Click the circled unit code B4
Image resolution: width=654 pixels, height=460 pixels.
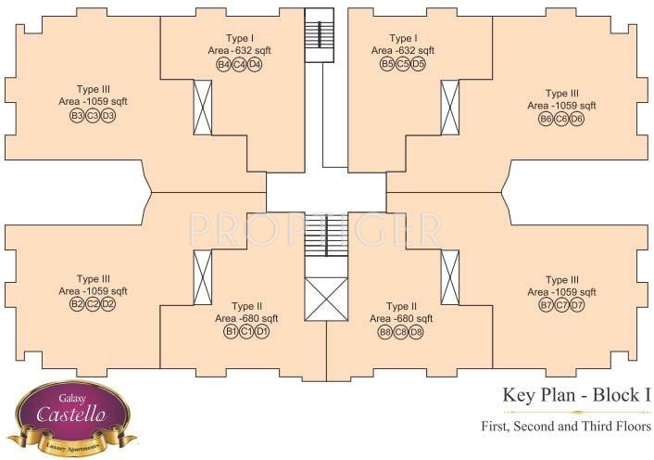coord(223,64)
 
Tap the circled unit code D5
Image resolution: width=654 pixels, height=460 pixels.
coord(419,64)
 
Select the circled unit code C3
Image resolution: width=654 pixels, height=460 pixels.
coord(93,116)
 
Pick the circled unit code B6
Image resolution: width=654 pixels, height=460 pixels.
coord(546,119)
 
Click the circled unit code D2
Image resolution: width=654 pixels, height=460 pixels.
coord(108,304)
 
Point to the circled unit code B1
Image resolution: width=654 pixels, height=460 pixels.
coord(231,331)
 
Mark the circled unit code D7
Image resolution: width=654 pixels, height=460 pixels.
coord(577,305)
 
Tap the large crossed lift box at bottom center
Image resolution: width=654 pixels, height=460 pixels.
coord(326,299)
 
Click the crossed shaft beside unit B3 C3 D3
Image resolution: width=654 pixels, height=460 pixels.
coord(202,107)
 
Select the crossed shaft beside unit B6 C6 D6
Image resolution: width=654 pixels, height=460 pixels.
coord(450,107)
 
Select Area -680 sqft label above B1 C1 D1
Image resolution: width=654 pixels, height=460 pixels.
coord(246,318)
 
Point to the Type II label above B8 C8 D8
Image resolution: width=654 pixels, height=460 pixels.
coord(402,306)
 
